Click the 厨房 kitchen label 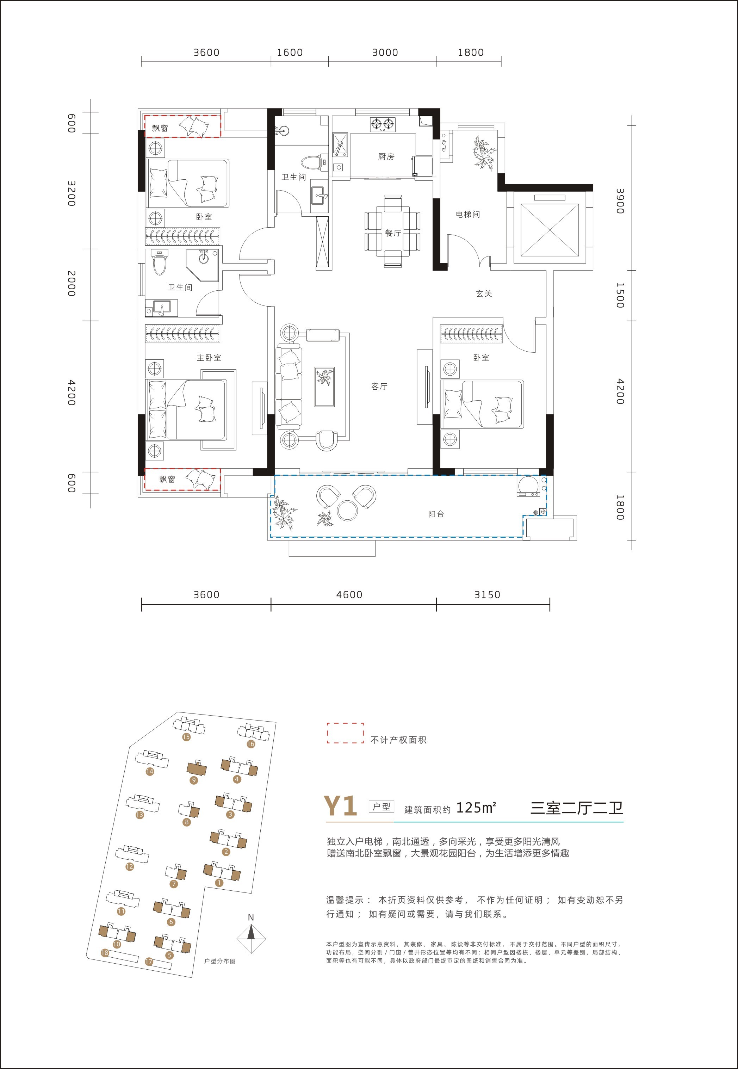click(x=386, y=157)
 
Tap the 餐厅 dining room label click(x=393, y=233)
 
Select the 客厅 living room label click(x=379, y=387)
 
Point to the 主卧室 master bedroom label click(x=209, y=357)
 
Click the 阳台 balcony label click(x=436, y=514)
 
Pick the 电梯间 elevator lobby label click(x=468, y=214)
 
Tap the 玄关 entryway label click(x=484, y=293)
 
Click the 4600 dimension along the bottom click(x=349, y=595)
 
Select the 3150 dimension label click(x=488, y=595)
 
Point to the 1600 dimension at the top click(x=290, y=53)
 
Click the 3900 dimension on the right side click(x=620, y=201)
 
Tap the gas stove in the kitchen click(x=383, y=124)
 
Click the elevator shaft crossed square click(x=550, y=230)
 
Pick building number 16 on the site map click(x=250, y=744)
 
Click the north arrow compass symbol click(x=251, y=939)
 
